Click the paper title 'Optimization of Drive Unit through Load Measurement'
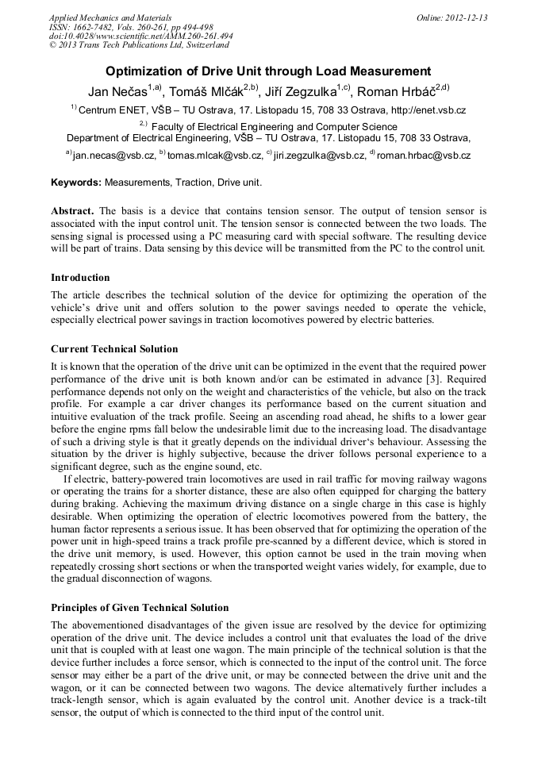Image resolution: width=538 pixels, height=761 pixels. click(268, 71)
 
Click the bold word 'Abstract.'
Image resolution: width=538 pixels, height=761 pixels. click(72, 211)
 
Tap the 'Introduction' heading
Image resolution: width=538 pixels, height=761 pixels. click(80, 278)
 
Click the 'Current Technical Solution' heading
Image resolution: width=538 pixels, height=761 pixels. click(114, 349)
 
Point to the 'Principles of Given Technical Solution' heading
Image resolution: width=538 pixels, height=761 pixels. click(140, 608)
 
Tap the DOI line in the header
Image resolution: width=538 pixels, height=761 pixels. click(140, 36)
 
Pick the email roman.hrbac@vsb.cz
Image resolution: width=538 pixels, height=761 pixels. click(423, 156)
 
